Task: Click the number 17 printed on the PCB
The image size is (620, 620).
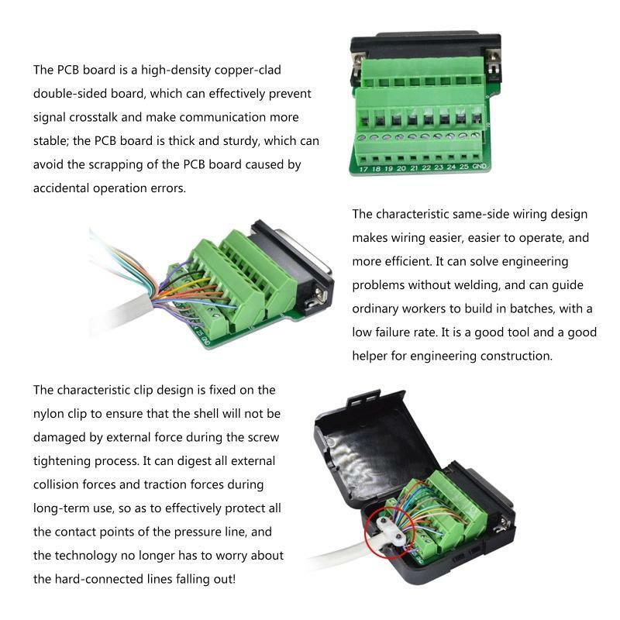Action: click(363, 169)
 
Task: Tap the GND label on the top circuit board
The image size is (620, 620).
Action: click(479, 166)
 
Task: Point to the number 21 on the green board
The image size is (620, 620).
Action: click(414, 168)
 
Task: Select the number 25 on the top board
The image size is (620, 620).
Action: click(464, 167)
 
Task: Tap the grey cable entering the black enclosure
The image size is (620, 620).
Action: click(340, 553)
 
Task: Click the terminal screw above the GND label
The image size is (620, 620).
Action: click(476, 136)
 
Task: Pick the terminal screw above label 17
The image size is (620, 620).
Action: click(362, 139)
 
